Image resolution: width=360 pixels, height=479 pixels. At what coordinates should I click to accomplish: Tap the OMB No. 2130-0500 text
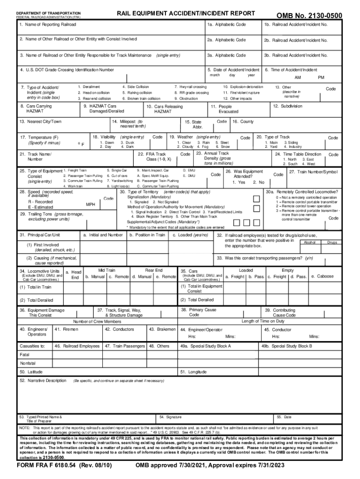[x=309, y=16]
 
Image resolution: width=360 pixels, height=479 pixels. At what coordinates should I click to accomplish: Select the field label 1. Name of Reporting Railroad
[x=49, y=24]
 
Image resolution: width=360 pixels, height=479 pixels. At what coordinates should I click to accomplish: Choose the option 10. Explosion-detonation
[x=243, y=87]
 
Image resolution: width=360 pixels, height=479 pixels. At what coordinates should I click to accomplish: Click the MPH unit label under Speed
[x=91, y=205]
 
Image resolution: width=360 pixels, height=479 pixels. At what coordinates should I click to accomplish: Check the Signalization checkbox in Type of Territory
[x=256, y=198]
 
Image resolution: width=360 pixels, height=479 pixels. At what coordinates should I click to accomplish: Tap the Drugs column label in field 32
[x=332, y=242]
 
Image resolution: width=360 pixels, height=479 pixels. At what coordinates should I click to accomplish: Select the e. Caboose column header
[x=322, y=276]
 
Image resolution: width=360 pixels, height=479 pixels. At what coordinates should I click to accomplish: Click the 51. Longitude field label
[x=194, y=371]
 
